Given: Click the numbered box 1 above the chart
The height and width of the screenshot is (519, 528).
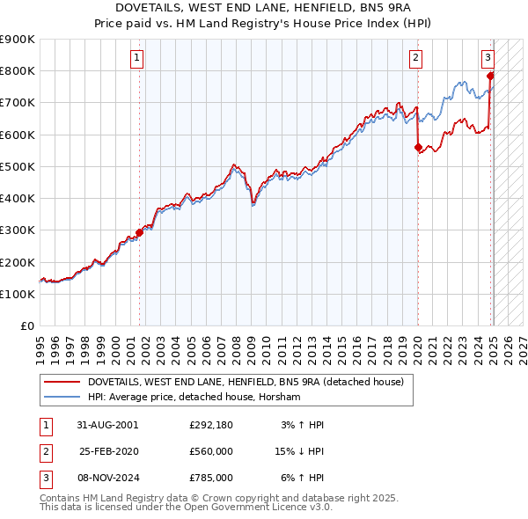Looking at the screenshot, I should pyautogui.click(x=138, y=59).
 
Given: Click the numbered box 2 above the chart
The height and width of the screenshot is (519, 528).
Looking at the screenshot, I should pyautogui.click(x=414, y=59).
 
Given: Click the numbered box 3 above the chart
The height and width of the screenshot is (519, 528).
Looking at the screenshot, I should pyautogui.click(x=488, y=59).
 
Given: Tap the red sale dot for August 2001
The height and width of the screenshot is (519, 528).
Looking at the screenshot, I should pyautogui.click(x=139, y=233).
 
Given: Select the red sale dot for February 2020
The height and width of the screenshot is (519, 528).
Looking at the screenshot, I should pyautogui.click(x=418, y=148).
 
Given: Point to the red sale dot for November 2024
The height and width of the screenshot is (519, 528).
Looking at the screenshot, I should pyautogui.click(x=489, y=76).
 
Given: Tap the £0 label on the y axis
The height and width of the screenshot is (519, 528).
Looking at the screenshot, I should pyautogui.click(x=26, y=326).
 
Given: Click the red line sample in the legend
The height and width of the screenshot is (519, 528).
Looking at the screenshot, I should pyautogui.click(x=62, y=382).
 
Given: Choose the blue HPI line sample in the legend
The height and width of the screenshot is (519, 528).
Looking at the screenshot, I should pyautogui.click(x=62, y=398).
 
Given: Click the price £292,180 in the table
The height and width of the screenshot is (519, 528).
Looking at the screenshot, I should pyautogui.click(x=210, y=425).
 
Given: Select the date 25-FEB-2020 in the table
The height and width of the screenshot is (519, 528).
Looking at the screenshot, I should pyautogui.click(x=109, y=451).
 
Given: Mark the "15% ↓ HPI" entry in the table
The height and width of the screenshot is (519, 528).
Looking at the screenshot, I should pyautogui.click(x=297, y=451).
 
